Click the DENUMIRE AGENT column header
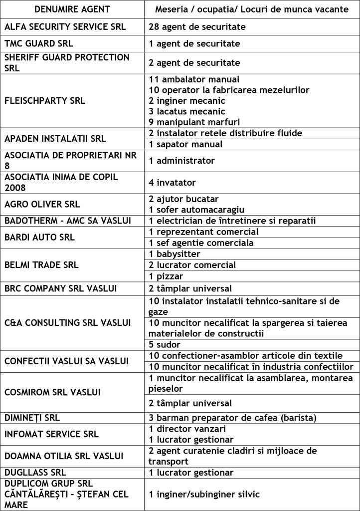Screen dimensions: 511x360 [73, 10]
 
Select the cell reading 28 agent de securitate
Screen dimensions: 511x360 [197, 26]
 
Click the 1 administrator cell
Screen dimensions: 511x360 [181, 161]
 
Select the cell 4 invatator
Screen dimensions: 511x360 [173, 183]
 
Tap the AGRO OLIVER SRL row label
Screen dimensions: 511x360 [42, 204]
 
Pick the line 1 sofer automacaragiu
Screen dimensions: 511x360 [196, 209]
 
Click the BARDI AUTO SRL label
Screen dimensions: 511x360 [39, 238]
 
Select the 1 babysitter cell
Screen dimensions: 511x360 [174, 254]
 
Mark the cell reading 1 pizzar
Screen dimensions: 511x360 [166, 276]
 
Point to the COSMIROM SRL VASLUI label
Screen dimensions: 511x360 [52, 392]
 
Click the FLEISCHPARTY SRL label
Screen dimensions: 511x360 [44, 100]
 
